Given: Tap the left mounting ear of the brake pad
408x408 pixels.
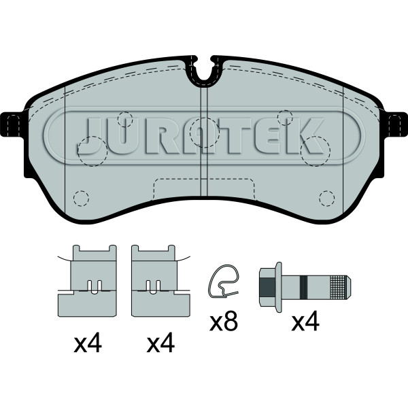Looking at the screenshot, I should (13, 124).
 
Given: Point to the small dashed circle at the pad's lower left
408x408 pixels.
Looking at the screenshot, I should (81, 199).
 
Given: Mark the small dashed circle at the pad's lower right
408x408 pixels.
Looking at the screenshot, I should (327, 199).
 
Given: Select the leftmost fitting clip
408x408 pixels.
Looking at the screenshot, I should (88, 280).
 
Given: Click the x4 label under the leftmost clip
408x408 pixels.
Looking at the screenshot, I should (87, 345).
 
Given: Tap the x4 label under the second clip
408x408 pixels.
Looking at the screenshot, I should (160, 345).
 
